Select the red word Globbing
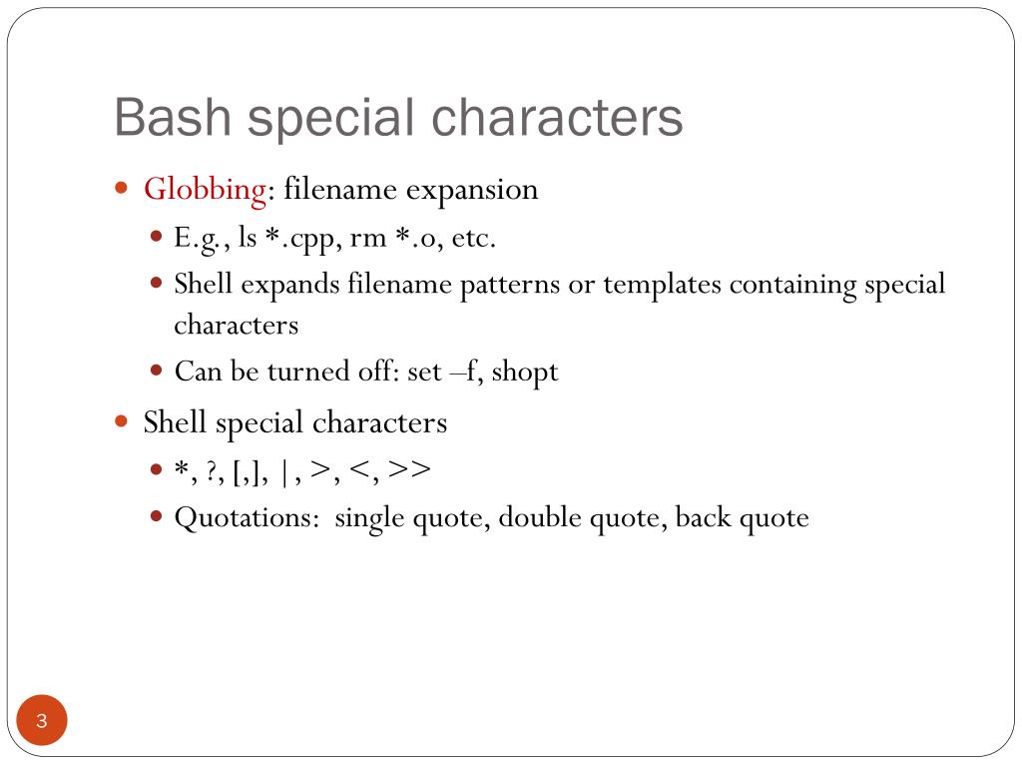click(x=206, y=189)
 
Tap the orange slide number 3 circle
click(x=42, y=721)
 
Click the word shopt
click(x=525, y=372)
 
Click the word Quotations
click(x=250, y=518)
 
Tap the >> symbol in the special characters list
click(x=409, y=470)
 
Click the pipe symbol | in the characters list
click(x=285, y=470)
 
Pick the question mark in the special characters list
click(x=212, y=470)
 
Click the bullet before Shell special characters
click(x=122, y=421)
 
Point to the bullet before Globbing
click(x=122, y=188)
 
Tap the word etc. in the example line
click(x=473, y=239)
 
